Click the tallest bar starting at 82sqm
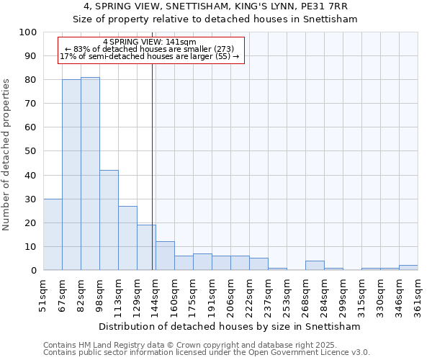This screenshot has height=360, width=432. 90,174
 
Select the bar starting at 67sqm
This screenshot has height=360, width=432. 71,175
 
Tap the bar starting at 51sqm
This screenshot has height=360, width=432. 53,235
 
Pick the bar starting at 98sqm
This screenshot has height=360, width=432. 109,220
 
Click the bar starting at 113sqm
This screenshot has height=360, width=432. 127,238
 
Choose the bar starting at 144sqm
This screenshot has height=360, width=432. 165,256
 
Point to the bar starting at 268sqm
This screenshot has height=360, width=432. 315,266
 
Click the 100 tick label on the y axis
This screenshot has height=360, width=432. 27,32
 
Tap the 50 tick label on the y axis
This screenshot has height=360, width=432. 30,151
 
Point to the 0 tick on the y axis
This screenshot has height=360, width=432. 33,271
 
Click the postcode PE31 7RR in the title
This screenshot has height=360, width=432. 330,6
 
